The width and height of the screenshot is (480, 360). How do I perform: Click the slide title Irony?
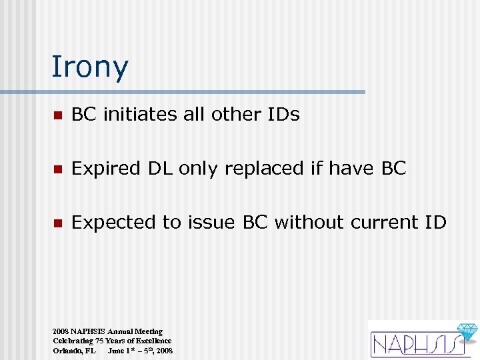(x=90, y=67)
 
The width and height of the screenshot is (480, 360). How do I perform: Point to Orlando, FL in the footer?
(x=74, y=351)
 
